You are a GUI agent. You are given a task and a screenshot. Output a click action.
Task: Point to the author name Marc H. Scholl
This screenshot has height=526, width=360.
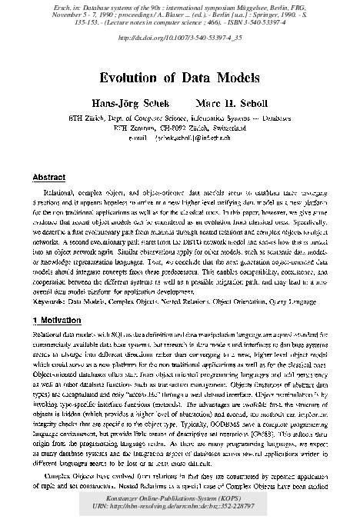pyautogui.click(x=231, y=105)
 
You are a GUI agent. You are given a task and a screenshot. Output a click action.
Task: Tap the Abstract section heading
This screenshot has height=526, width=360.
pyautogui.click(x=50, y=177)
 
